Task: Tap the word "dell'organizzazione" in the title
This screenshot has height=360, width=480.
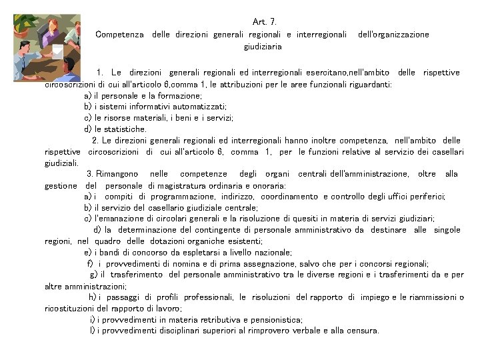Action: point(393,34)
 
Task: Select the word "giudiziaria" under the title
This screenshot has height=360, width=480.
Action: point(263,47)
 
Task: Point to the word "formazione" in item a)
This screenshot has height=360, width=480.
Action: point(160,95)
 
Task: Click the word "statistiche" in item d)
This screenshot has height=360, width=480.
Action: point(127,129)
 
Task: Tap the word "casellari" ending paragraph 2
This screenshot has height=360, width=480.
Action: point(446,151)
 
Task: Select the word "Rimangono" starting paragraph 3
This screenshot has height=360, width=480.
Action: point(120,174)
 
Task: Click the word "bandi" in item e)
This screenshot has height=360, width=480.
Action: point(108,253)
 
